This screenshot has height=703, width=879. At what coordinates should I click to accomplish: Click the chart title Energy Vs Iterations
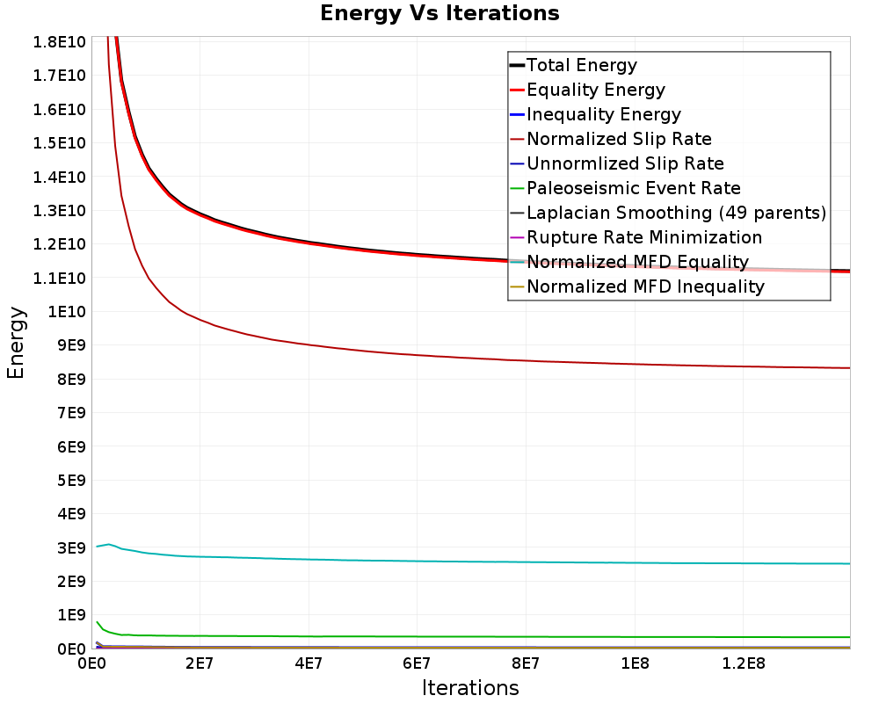point(439,13)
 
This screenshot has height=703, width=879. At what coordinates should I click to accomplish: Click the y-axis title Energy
point(16,343)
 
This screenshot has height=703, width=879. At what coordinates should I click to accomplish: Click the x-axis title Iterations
point(470,687)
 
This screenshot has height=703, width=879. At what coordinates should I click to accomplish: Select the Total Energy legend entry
point(581,65)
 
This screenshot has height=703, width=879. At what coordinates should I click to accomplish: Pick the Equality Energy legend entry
point(595,90)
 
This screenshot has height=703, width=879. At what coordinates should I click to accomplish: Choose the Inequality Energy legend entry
point(603,114)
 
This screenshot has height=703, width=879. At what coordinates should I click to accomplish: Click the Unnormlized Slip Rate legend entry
point(625,163)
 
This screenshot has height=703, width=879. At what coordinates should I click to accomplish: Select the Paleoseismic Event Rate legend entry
point(633,188)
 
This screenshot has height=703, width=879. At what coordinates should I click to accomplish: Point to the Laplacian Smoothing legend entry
point(676,213)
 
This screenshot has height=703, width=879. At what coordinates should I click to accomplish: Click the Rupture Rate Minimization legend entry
point(644,237)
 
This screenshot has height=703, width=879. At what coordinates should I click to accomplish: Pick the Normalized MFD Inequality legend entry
point(645,286)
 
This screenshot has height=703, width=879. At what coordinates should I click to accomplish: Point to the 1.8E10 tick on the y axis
point(60,42)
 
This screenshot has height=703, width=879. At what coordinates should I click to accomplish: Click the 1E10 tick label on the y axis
point(67,312)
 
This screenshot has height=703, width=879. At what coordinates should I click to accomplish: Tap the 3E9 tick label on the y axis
point(70,547)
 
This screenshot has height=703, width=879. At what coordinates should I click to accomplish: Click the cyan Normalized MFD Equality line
point(439,561)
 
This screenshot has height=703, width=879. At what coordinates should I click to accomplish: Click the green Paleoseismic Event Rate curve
point(439,636)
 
